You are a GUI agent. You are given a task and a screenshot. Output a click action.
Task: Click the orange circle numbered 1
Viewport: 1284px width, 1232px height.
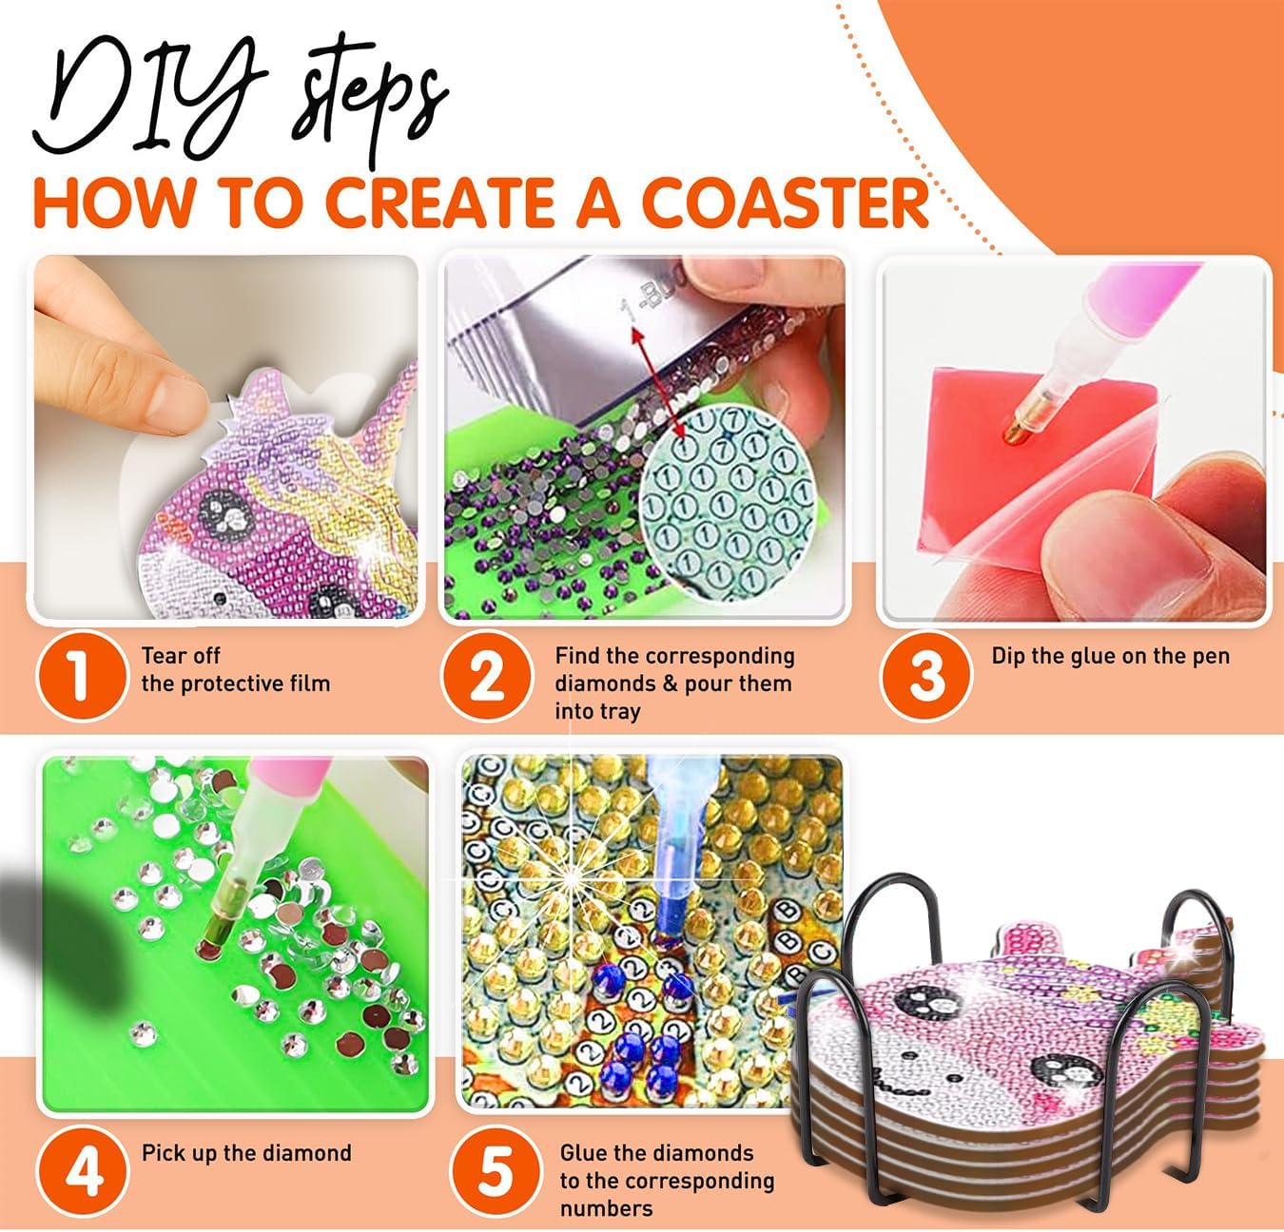pyautogui.click(x=82, y=676)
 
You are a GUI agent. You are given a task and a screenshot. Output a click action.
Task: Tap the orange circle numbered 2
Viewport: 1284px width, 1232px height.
pyautogui.click(x=487, y=676)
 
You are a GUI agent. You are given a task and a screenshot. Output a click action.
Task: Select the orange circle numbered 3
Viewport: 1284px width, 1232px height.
pyautogui.click(x=926, y=676)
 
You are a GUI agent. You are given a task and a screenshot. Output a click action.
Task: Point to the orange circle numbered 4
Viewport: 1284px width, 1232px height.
pyautogui.click(x=82, y=1172)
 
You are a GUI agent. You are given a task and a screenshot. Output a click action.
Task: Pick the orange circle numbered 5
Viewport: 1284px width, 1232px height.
pyautogui.click(x=495, y=1172)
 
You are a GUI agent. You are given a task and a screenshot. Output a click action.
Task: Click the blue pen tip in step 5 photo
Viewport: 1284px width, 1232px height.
pyautogui.click(x=666, y=927)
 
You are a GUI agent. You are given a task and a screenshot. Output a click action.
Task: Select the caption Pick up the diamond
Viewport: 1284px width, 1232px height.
pyautogui.click(x=246, y=1153)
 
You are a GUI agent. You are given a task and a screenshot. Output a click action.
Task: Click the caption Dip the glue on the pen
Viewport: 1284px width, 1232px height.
pyautogui.click(x=1111, y=656)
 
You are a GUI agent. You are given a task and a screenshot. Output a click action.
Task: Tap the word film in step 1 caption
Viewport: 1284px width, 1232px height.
pyautogui.click(x=309, y=683)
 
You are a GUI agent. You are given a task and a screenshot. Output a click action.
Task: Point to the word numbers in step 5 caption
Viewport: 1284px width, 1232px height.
pyautogui.click(x=607, y=1208)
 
